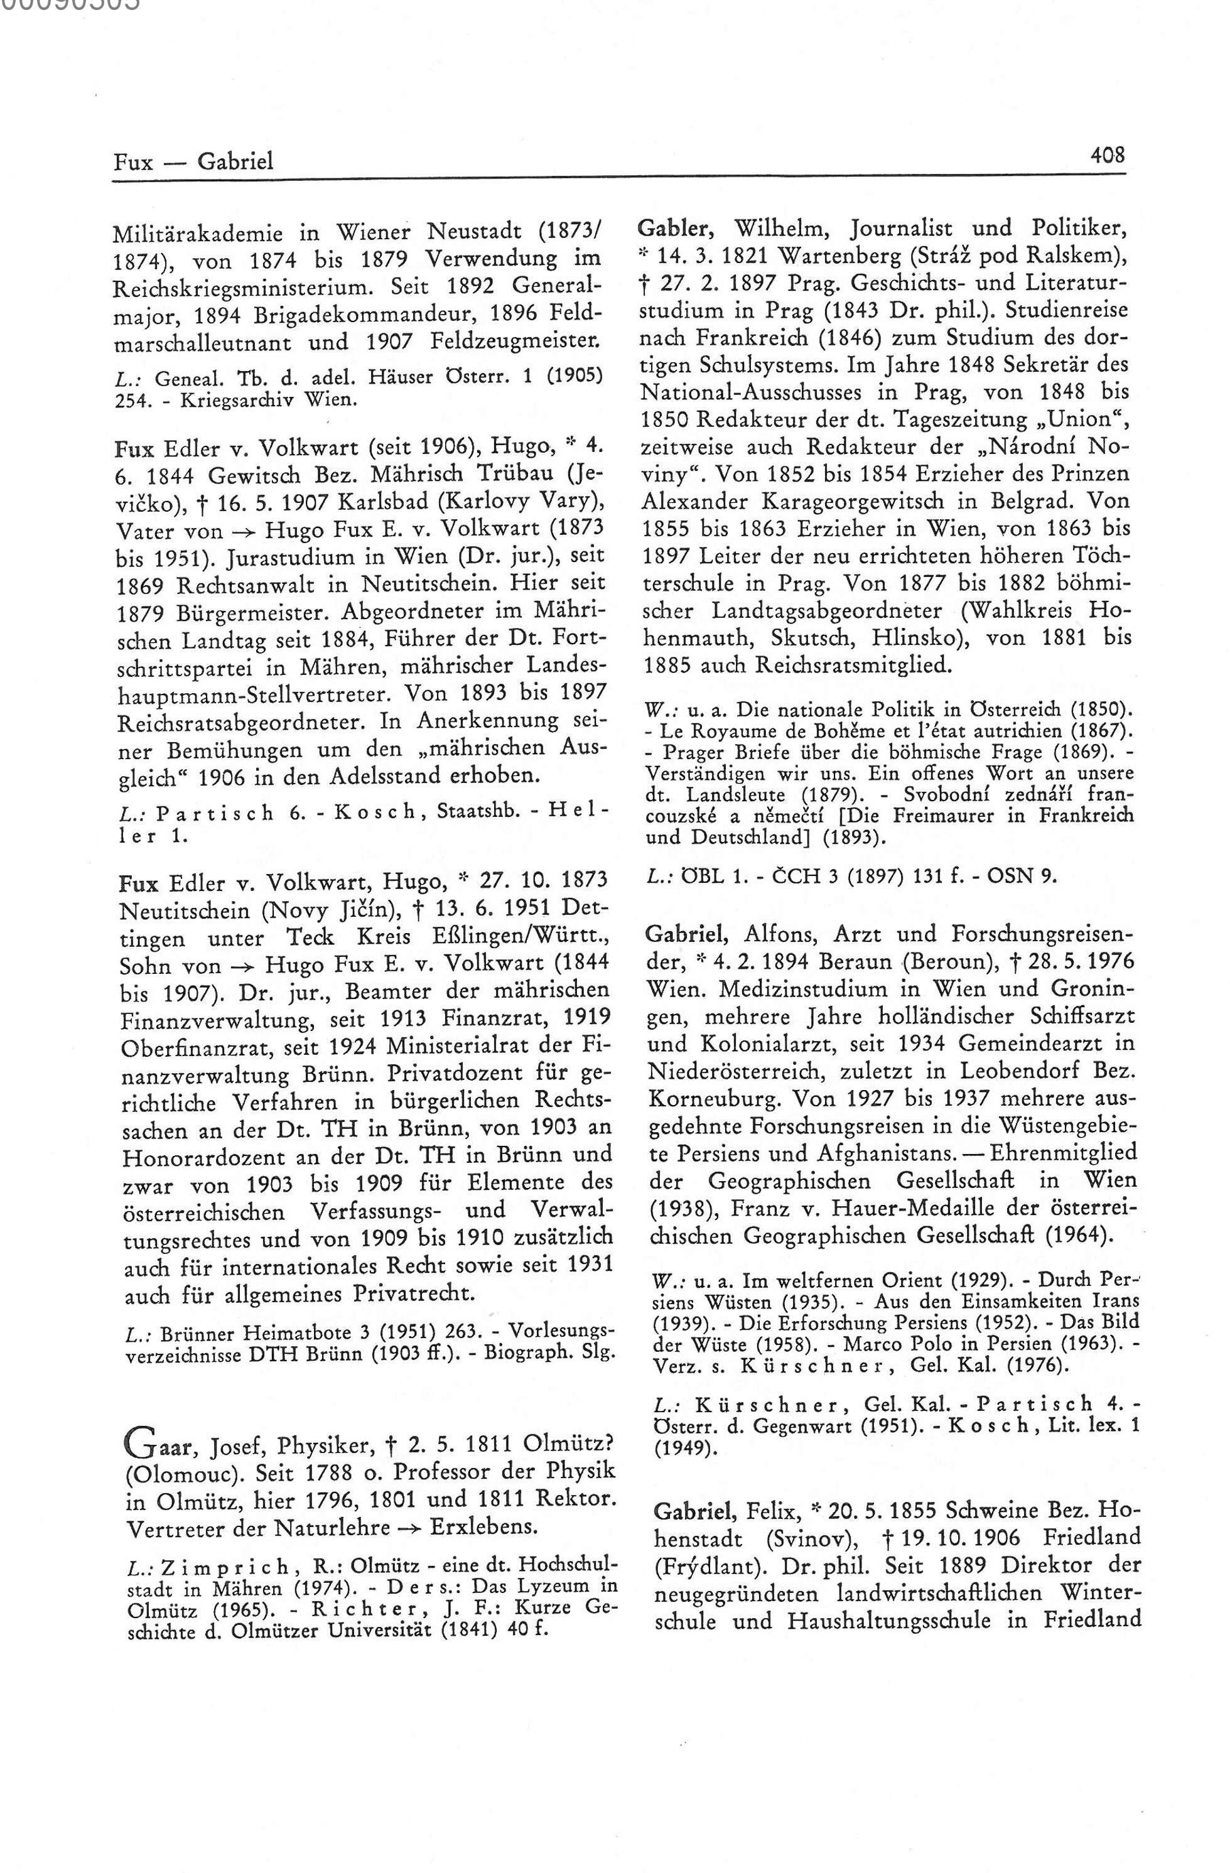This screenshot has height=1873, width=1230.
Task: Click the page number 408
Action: pos(1107,155)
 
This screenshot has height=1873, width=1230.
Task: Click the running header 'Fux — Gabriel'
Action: pos(193,162)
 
